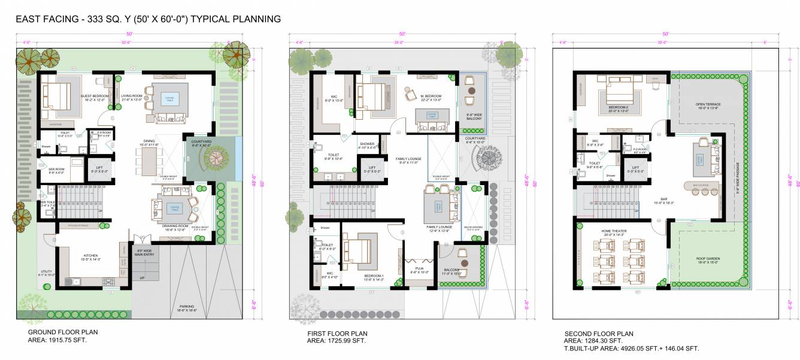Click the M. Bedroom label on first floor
[x=431, y=96]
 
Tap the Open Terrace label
[x=707, y=104]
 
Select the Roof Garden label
[x=707, y=259]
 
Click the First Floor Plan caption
[x=337, y=333]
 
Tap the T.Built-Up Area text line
[x=631, y=348]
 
